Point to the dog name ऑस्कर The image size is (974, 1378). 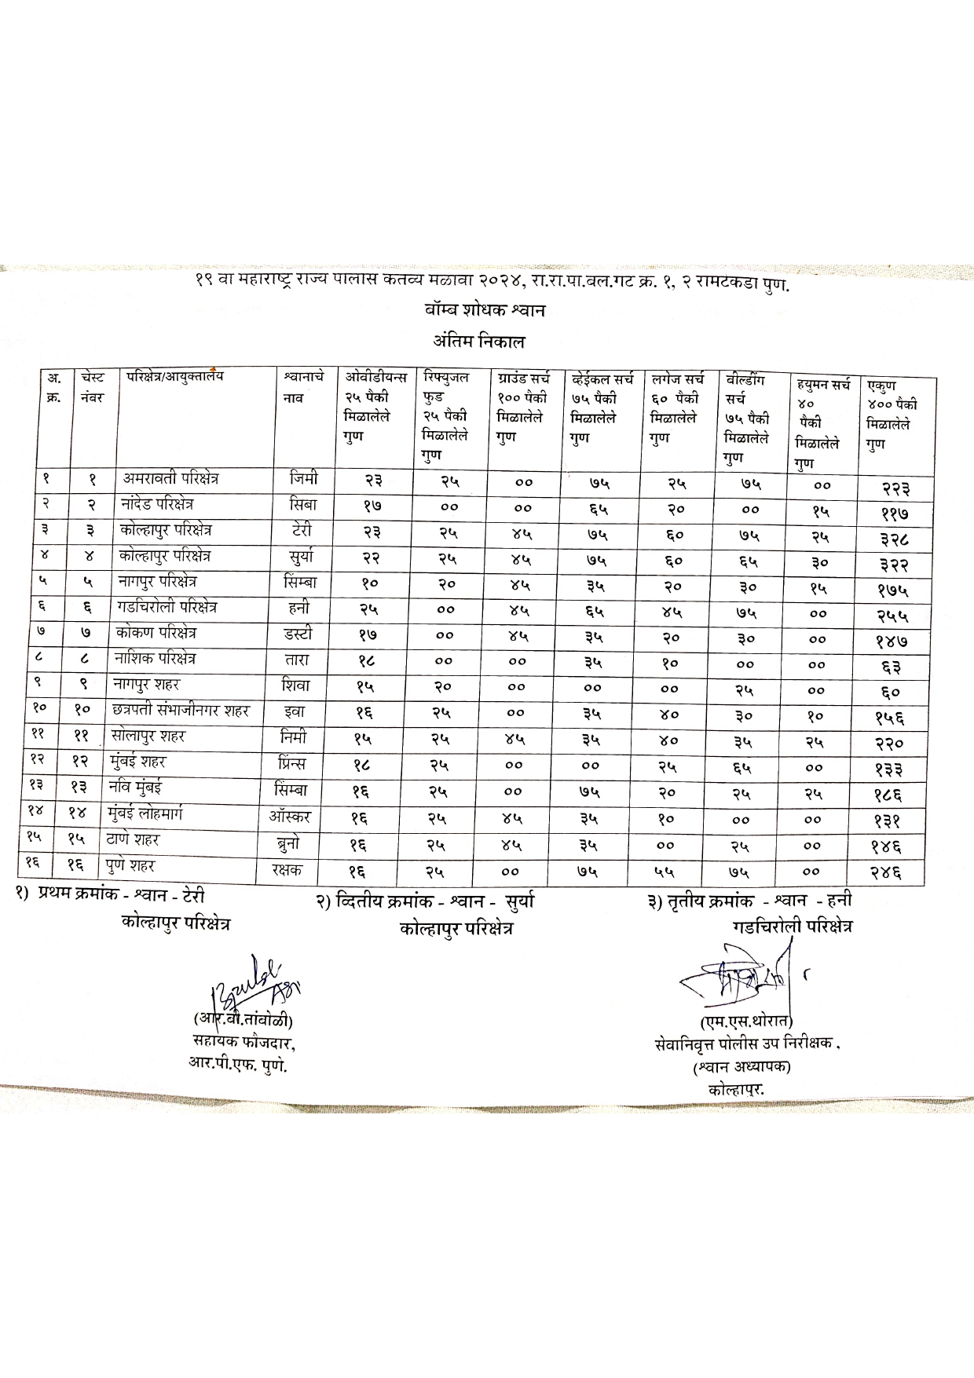tap(289, 817)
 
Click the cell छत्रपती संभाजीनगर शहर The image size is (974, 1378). tap(181, 711)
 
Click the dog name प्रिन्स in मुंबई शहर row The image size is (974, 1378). tap(292, 763)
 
